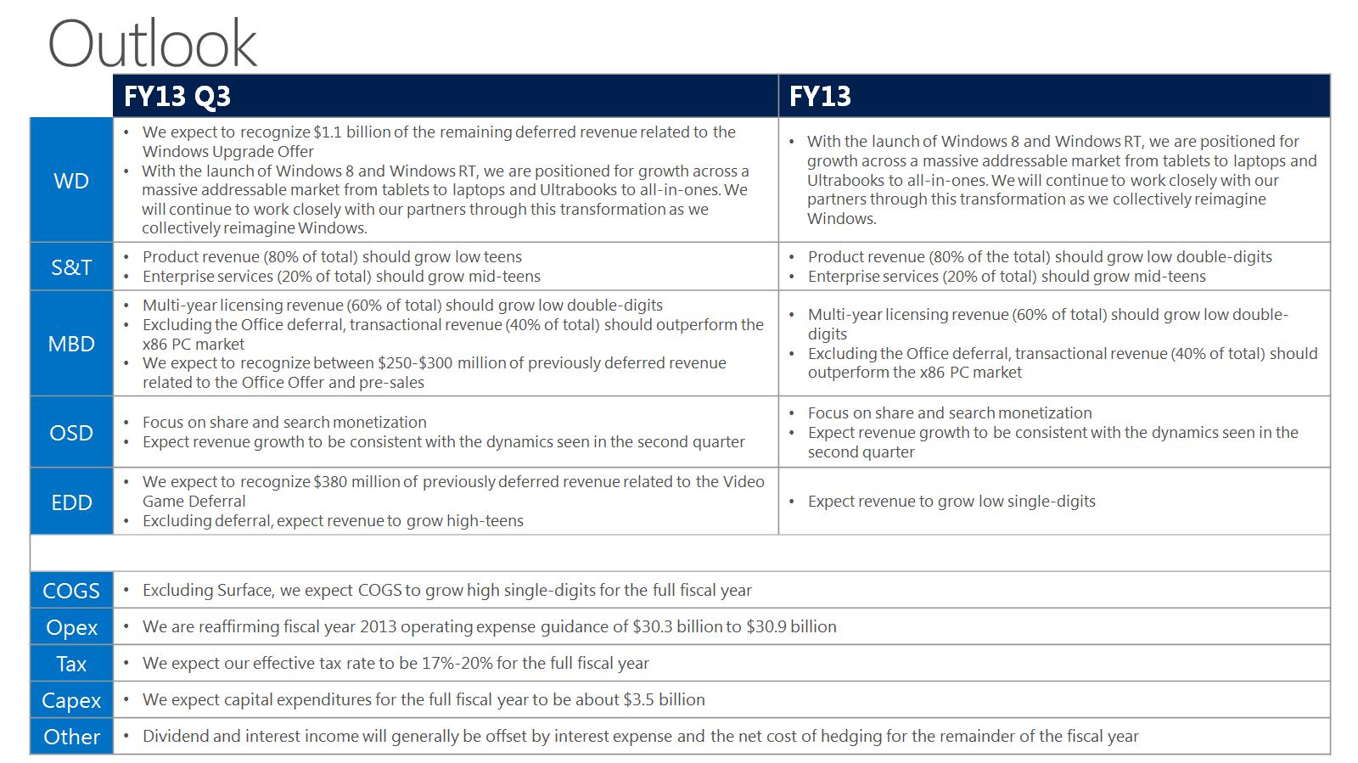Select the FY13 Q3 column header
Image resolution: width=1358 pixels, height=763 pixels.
[177, 96]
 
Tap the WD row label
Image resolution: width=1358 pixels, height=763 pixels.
[71, 180]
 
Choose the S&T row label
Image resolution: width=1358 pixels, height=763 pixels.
[71, 267]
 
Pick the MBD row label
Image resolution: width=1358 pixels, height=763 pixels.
[71, 344]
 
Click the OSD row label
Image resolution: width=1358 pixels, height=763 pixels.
[71, 433]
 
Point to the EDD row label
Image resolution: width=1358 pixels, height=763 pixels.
[71, 502]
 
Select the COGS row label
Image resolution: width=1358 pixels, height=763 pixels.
[71, 591]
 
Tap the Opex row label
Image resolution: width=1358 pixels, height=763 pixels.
[71, 627]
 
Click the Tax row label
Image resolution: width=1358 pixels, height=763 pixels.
[71, 664]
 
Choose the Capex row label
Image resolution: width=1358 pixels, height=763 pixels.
[71, 700]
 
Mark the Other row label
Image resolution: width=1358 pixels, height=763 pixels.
[71, 737]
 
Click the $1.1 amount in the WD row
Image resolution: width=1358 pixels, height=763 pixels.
[328, 132]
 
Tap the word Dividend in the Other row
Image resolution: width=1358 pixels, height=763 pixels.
[175, 737]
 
